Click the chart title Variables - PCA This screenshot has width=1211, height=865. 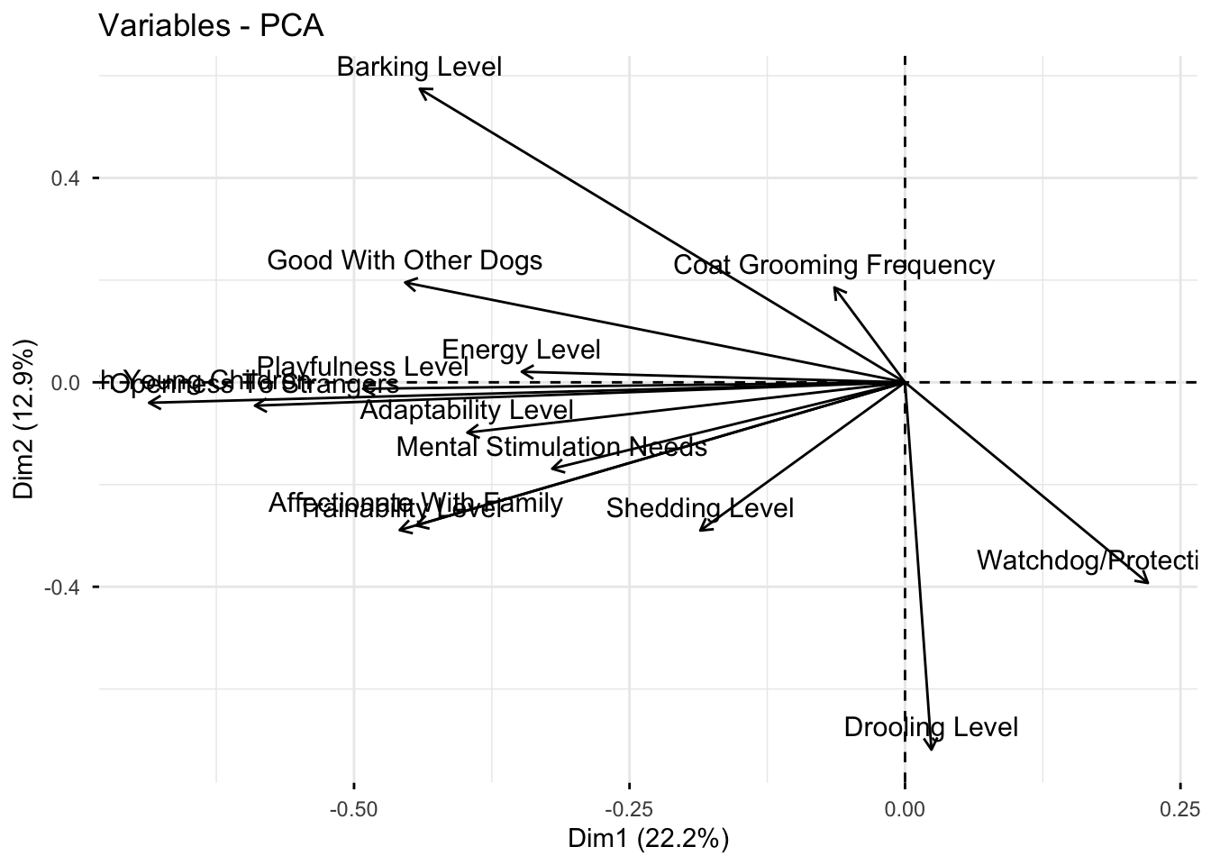[x=211, y=25]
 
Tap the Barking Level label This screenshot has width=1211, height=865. [x=419, y=67]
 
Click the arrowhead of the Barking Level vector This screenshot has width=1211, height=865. [x=422, y=88]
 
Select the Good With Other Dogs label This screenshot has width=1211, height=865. [x=405, y=261]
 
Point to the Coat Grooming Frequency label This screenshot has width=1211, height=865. [x=833, y=266]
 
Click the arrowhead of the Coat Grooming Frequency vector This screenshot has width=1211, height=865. [x=835, y=288]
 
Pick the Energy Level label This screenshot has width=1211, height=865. [x=521, y=350]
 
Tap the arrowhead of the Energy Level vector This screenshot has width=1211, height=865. [x=523, y=371]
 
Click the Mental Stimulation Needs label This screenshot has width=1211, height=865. [x=551, y=447]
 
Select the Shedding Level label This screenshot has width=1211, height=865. [x=699, y=509]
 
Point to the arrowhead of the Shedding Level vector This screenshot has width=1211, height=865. [x=701, y=530]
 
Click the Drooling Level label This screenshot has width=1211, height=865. [x=931, y=727]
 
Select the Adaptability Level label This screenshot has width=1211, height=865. [x=467, y=411]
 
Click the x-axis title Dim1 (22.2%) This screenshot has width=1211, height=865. [x=648, y=839]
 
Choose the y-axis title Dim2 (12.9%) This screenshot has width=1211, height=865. [x=25, y=418]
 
